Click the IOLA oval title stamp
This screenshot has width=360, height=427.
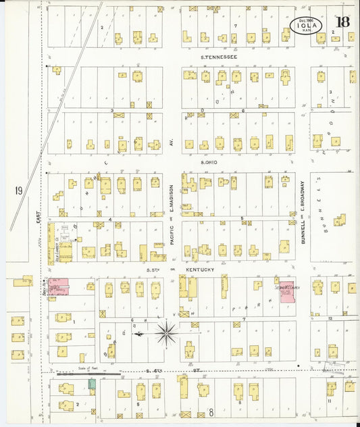307,26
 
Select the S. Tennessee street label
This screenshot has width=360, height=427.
220,57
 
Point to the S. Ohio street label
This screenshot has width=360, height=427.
211,162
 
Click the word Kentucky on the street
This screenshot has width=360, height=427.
201,270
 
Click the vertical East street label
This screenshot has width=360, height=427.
38,219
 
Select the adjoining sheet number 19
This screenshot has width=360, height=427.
18,191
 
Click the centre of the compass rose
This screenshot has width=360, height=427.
167,332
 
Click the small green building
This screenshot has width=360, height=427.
92,384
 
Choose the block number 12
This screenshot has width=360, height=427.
330,318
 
